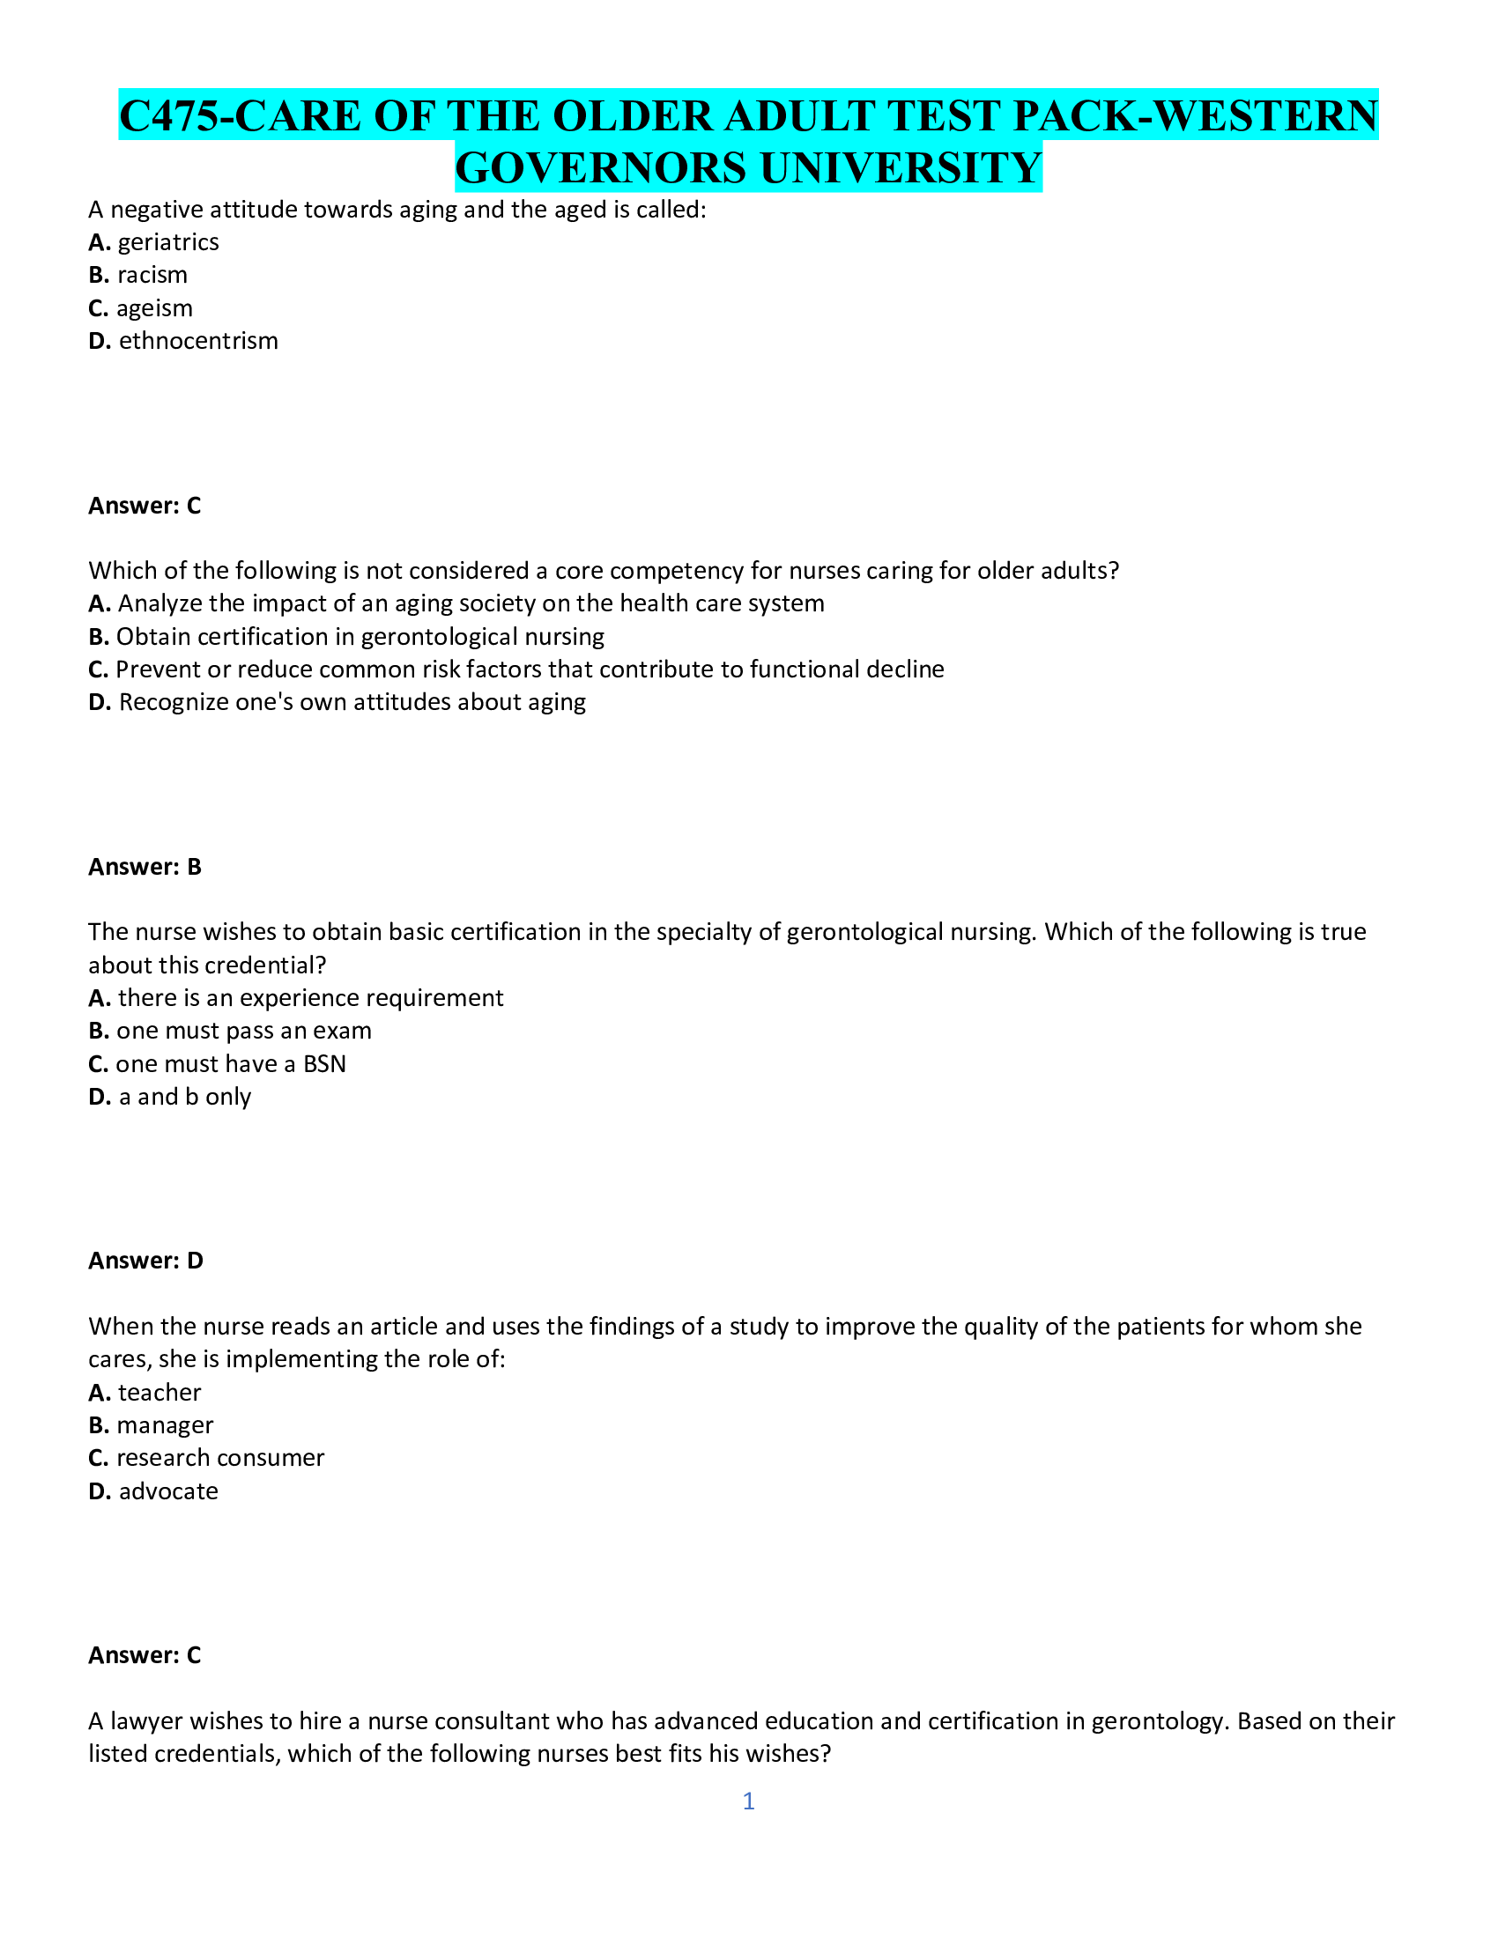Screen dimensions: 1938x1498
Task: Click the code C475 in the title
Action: [167, 116]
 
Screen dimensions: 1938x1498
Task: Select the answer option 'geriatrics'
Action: [167, 242]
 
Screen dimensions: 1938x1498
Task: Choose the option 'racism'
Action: [152, 275]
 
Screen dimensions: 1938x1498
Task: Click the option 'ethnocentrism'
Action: [198, 341]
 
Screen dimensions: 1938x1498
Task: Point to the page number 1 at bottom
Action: [748, 1801]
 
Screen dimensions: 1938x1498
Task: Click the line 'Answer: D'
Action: [145, 1260]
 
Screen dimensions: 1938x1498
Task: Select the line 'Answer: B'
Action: [145, 867]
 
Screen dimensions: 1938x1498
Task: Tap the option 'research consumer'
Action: [220, 1458]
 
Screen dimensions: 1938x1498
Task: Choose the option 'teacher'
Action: [159, 1392]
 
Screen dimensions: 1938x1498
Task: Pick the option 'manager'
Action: [164, 1425]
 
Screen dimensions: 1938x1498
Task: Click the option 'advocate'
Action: [167, 1490]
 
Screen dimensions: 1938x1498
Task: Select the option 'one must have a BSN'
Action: [231, 1064]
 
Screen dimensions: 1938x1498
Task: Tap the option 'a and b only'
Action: [184, 1097]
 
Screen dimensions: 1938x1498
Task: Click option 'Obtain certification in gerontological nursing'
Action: [360, 636]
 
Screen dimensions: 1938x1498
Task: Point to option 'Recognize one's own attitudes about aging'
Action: [352, 702]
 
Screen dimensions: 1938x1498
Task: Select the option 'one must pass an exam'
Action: [244, 1031]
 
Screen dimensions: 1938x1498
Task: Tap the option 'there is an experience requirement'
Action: [310, 997]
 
